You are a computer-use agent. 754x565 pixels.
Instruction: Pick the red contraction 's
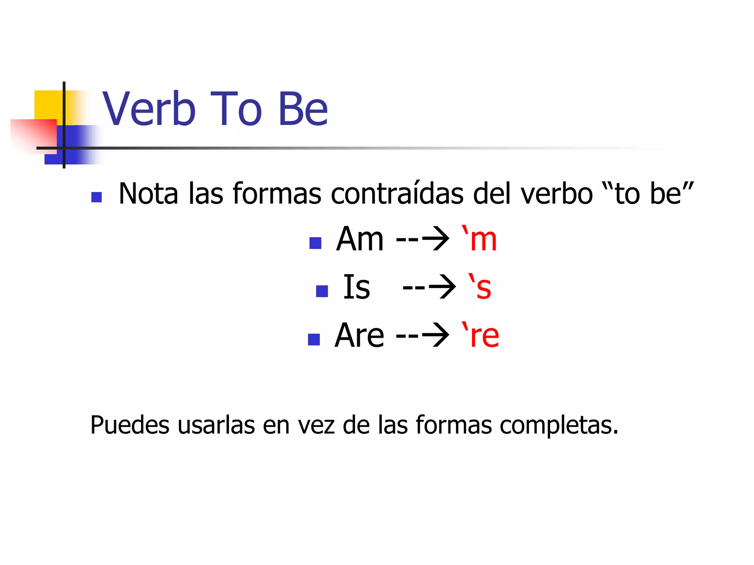point(479,287)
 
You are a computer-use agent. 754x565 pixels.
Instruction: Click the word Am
point(360,239)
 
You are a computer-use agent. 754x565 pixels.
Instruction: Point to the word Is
point(356,287)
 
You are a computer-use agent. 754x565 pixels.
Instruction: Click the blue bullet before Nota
point(96,197)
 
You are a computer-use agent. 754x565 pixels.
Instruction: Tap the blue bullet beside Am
point(316,243)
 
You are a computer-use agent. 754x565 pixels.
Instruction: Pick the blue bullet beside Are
point(314,339)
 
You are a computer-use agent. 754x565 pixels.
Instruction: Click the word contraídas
point(397,193)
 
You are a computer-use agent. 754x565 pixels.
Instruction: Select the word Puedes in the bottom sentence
point(130,425)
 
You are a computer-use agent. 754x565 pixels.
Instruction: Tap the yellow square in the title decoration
point(48,105)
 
